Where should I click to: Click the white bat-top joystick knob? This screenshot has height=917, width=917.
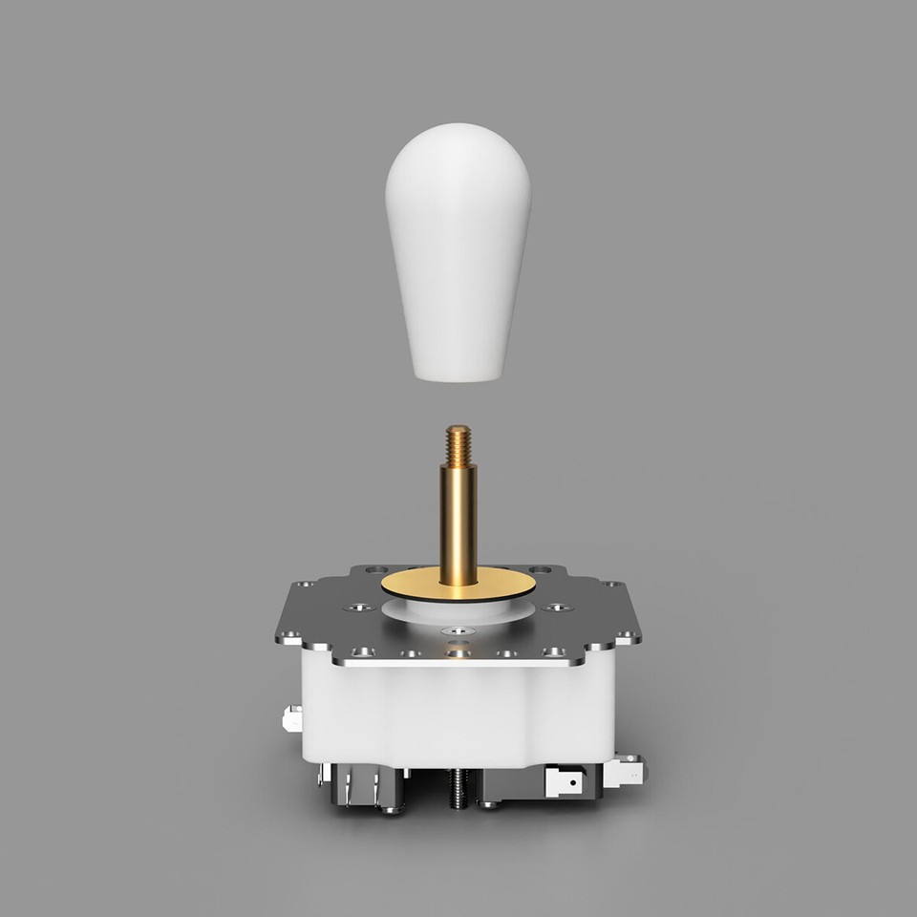click(458, 248)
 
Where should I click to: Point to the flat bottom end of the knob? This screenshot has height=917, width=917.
click(458, 374)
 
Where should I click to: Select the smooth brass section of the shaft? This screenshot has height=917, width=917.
click(458, 521)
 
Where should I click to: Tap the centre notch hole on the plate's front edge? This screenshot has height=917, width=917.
click(458, 653)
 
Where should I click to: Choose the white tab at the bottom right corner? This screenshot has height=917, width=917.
click(627, 769)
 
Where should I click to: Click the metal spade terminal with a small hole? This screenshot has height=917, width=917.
click(565, 783)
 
